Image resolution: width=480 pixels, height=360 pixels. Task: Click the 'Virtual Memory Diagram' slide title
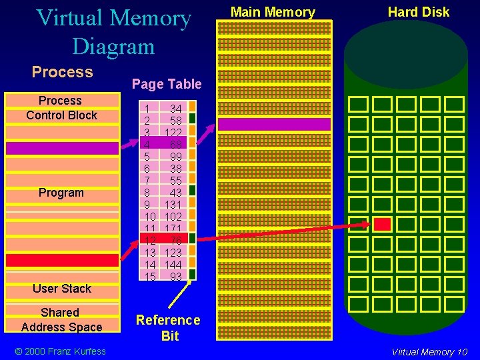point(113,32)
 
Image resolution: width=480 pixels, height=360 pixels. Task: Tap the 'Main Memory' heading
point(273,12)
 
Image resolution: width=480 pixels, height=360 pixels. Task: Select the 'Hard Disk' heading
point(419,12)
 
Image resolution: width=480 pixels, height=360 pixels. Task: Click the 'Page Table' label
point(167,84)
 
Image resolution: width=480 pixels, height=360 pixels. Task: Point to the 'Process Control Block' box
point(61,108)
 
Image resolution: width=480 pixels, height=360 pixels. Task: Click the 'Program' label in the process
point(61,193)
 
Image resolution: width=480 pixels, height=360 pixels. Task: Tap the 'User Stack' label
point(61,289)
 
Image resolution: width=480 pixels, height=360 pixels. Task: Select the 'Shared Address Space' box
point(61,320)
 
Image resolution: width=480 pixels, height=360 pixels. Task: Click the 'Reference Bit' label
point(168,328)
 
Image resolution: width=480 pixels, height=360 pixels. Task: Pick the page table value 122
point(173,133)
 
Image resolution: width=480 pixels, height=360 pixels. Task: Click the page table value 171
point(173,229)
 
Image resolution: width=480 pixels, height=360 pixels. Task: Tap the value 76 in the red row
point(175,241)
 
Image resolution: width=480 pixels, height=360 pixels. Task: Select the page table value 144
point(173,265)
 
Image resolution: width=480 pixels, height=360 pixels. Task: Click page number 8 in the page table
point(147,193)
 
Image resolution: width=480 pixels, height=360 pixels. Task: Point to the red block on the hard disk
point(382,224)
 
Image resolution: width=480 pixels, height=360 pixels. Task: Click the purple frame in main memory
point(274,124)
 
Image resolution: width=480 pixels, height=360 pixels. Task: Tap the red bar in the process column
point(61,259)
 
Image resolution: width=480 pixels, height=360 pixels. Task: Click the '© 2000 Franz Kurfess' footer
point(61,351)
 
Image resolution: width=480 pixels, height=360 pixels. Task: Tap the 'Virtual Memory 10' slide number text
point(429,352)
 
